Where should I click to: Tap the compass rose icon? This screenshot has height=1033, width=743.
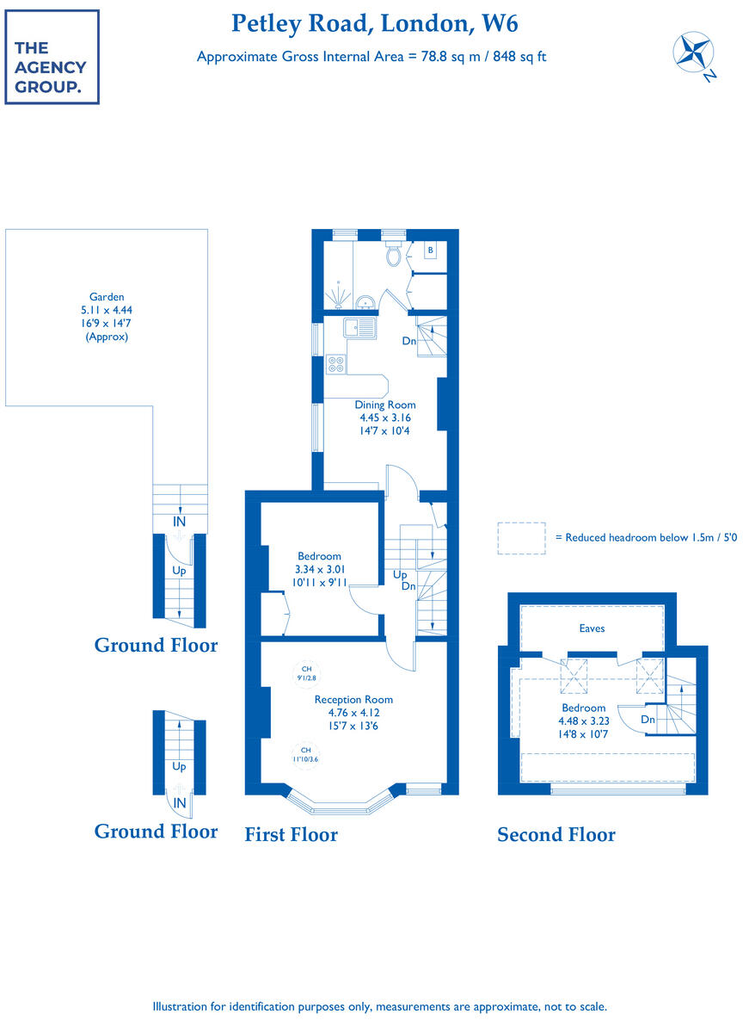(x=692, y=53)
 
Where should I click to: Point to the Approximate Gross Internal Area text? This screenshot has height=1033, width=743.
(x=371, y=57)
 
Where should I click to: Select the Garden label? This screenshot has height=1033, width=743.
(x=107, y=297)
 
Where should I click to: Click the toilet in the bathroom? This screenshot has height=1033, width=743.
(x=395, y=254)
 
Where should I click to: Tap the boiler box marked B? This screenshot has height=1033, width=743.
(x=432, y=251)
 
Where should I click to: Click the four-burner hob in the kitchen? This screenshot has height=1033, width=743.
(x=335, y=365)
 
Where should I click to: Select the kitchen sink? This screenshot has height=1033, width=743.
(x=356, y=327)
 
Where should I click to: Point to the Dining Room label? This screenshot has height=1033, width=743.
(x=385, y=405)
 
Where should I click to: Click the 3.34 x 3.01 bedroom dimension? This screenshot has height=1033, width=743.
(x=319, y=570)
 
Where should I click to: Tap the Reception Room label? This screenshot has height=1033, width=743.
(x=353, y=700)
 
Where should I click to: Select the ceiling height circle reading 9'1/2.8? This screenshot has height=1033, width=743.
(x=305, y=673)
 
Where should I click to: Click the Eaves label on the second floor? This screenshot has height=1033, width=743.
(x=592, y=628)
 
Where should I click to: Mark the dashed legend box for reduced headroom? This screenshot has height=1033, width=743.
(x=521, y=538)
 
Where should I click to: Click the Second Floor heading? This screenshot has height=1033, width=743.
(x=556, y=834)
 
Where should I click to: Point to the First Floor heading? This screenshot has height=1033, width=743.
(x=291, y=834)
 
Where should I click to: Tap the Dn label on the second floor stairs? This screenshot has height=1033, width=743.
(x=648, y=720)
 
